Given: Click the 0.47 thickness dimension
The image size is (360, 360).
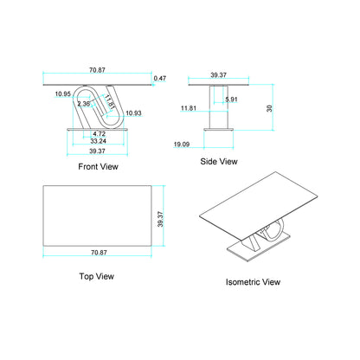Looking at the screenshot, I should point(160,79).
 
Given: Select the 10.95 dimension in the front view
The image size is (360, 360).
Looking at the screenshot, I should point(62,93).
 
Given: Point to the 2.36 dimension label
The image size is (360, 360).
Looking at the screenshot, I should point(84,104).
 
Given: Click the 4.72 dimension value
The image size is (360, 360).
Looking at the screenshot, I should point(99,134).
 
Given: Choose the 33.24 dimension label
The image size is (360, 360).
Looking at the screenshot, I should point(99,141).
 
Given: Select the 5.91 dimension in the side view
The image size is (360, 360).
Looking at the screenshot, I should point(231,100).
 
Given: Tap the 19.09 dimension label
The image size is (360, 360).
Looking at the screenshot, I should point(182,144).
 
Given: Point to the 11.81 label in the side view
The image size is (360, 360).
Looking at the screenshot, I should point(189,108).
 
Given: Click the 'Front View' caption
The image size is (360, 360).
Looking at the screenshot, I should point(98,166).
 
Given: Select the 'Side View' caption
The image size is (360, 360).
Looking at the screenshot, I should point(219,161).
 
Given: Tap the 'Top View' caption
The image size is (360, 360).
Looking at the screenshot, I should point(96,277).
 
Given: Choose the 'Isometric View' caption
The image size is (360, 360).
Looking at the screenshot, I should point(253,281).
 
